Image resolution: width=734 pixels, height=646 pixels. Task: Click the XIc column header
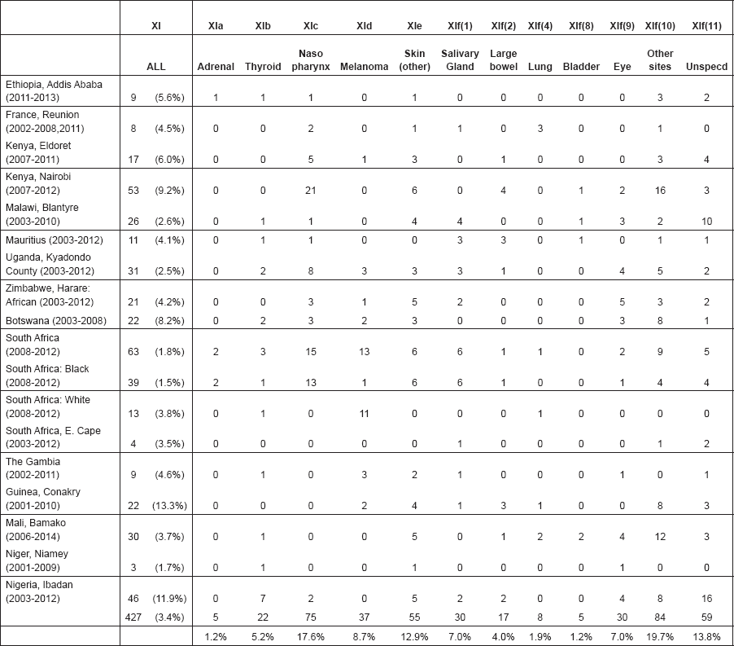pos(310,26)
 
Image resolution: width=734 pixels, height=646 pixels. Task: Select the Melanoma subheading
pos(365,67)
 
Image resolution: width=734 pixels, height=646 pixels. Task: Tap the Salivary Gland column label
pos(460,60)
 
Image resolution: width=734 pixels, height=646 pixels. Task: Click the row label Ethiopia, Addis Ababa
pos(54,85)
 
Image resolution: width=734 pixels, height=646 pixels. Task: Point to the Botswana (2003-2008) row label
pos(56,321)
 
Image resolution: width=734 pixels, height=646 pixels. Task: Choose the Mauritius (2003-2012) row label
pos(55,240)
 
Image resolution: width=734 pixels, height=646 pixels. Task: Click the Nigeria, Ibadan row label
pos(39,585)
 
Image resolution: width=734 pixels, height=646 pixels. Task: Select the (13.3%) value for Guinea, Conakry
pos(169,506)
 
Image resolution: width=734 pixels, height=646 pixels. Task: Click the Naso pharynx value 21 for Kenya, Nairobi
pos(310,191)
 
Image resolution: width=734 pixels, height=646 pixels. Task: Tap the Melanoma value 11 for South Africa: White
pos(365,414)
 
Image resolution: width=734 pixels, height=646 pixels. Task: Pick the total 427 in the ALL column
pos(133,617)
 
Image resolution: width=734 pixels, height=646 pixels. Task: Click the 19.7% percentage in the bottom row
pos(660,637)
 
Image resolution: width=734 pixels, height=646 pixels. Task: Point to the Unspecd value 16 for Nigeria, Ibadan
pos(706,599)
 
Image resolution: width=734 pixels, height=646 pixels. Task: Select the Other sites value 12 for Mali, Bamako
pos(660,537)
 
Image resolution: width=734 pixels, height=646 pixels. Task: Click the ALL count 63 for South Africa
pos(133,352)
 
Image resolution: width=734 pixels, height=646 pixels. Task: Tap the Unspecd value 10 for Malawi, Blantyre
pos(706,222)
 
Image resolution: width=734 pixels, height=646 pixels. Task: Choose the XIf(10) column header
pos(660,26)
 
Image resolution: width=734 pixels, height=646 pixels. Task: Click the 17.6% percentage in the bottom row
pos(310,637)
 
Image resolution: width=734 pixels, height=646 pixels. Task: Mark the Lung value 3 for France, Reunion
pos(540,129)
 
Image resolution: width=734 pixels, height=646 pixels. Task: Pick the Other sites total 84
pos(660,617)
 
